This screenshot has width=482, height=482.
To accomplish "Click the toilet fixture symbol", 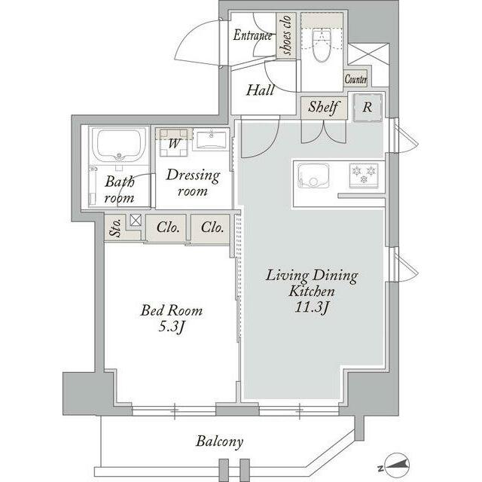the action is [x=322, y=45].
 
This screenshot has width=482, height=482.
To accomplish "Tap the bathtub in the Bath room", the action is [x=119, y=145].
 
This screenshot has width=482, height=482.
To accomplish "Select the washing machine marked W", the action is [x=174, y=142].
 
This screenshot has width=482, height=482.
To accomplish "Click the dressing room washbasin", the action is [x=211, y=140].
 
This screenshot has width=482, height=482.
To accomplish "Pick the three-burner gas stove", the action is [x=364, y=175].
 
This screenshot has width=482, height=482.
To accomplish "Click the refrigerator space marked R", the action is [x=368, y=107].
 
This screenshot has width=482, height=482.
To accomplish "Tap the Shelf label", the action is [x=323, y=107].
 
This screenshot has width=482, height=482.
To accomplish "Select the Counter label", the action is [x=355, y=79].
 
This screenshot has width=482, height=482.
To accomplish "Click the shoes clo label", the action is [x=285, y=35].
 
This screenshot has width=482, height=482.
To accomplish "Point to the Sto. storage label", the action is [x=116, y=228].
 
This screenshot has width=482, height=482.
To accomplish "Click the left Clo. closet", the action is [x=166, y=227].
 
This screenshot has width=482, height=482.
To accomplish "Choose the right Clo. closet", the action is [x=211, y=227].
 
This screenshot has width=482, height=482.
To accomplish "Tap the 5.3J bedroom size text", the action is [x=172, y=327].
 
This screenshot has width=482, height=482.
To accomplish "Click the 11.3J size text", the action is [x=312, y=307].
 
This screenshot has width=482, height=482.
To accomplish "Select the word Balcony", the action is [x=219, y=442].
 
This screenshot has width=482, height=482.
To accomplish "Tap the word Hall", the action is [x=260, y=90].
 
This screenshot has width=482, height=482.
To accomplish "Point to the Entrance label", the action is [x=252, y=35].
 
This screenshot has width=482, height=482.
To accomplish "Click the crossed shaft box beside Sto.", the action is [x=136, y=220].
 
